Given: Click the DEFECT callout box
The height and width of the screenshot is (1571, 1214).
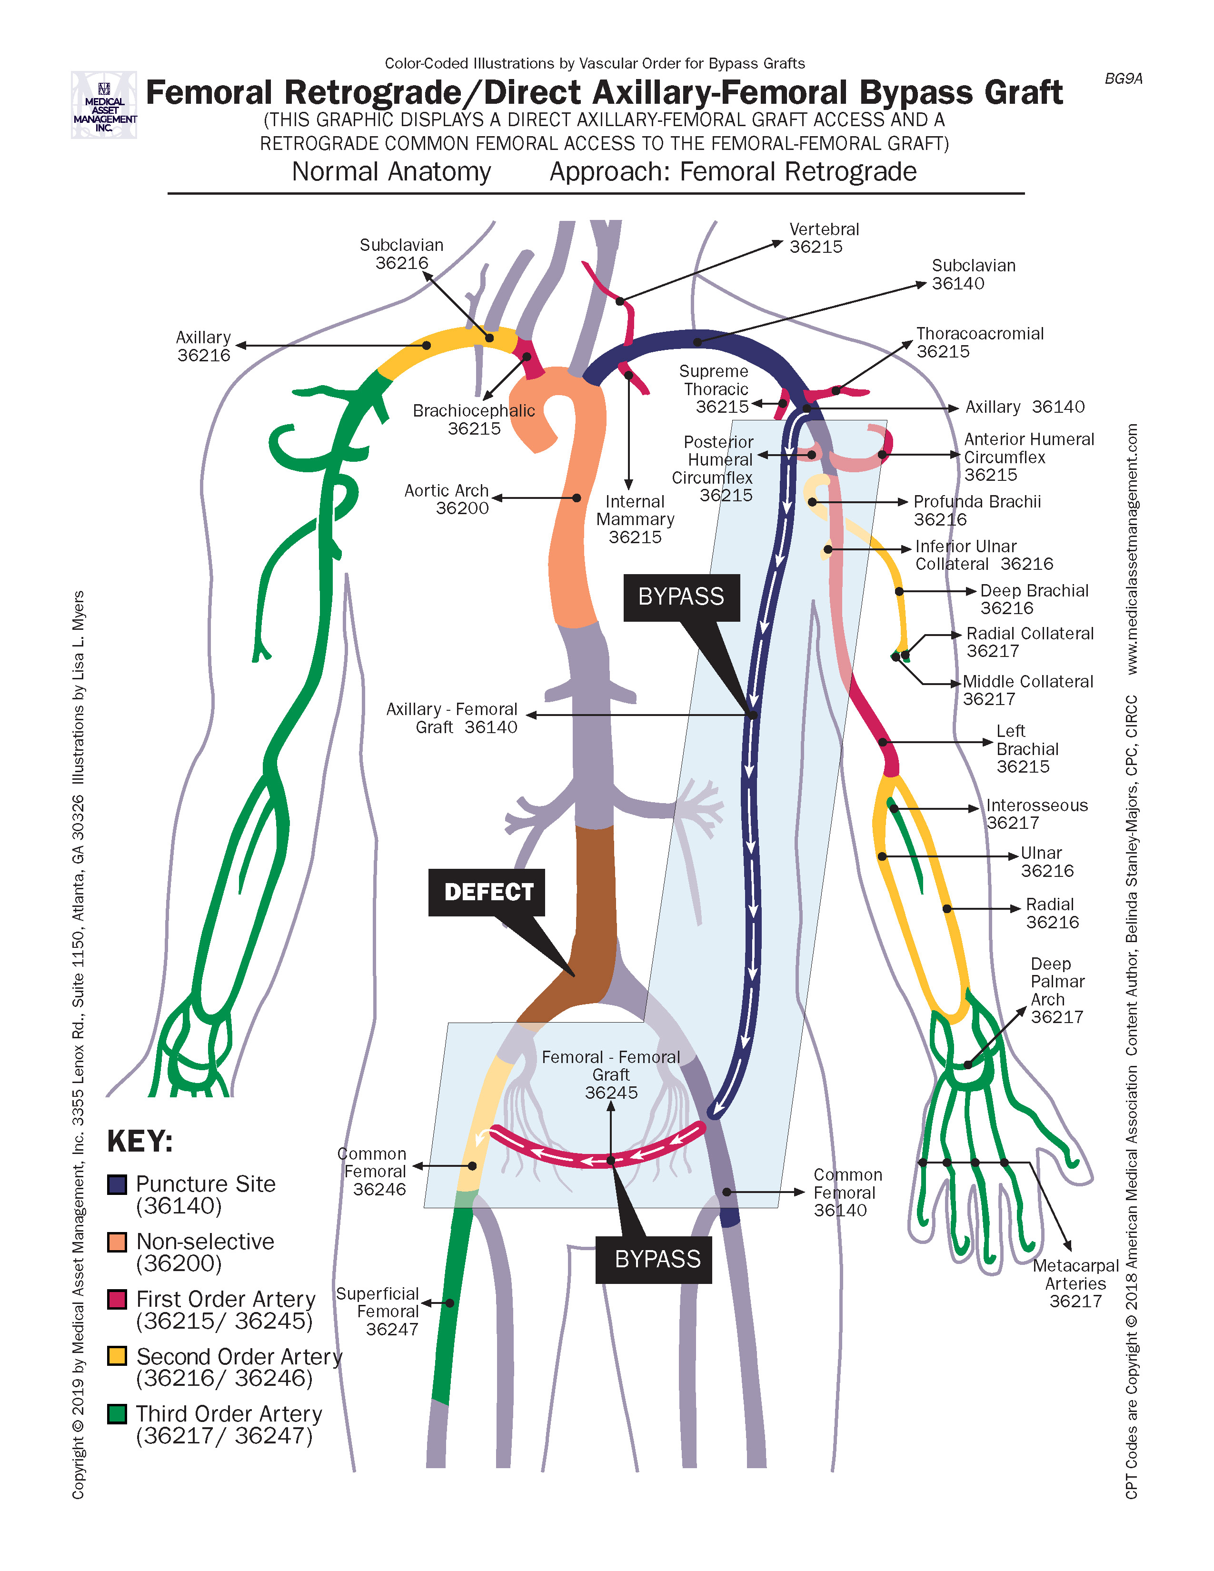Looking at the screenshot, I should [x=487, y=892].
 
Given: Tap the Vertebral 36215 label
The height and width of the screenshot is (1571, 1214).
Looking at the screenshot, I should [x=824, y=238].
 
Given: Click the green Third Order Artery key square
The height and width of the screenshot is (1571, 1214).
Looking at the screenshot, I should [x=117, y=1413].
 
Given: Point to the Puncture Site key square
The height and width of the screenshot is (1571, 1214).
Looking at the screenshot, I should [x=117, y=1184].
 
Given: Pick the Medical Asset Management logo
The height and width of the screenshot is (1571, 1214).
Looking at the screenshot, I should [x=104, y=105].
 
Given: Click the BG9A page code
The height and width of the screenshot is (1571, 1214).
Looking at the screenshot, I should [x=1123, y=79].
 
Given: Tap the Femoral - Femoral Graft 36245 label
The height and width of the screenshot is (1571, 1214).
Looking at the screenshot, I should [x=611, y=1074].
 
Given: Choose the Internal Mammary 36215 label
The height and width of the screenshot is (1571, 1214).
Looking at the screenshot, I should [x=635, y=519].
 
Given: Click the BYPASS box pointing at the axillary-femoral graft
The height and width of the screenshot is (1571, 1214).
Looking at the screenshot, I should [x=681, y=597].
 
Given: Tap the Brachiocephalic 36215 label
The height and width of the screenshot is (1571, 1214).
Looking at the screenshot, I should [x=474, y=419].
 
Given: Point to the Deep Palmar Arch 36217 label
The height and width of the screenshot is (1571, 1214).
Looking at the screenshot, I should [x=1056, y=991].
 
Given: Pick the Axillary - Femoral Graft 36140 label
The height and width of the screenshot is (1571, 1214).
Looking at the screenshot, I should [x=452, y=718].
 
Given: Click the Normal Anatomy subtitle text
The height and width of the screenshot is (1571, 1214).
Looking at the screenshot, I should [x=391, y=172].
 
